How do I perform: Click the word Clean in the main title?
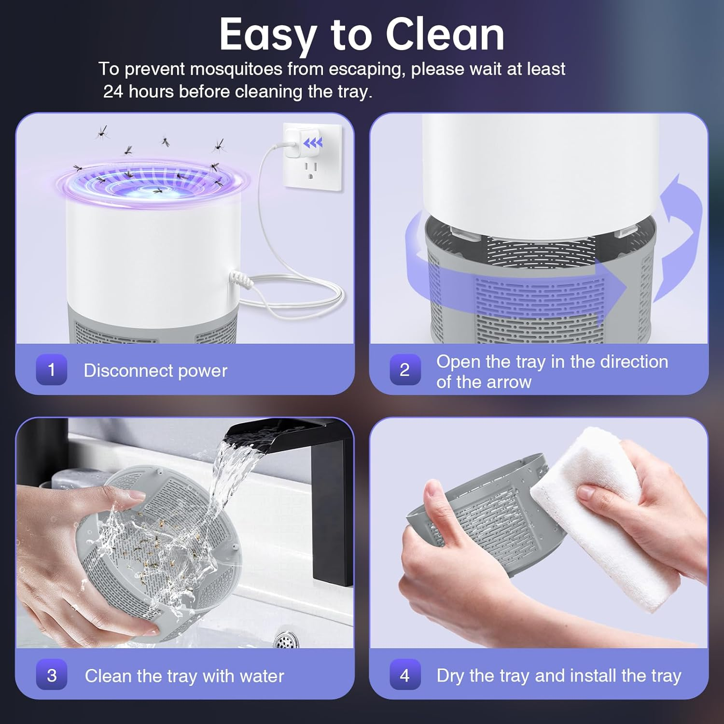point(445,35)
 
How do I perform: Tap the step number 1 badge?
point(52,370)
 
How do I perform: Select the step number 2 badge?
point(405,370)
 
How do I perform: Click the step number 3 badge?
point(52,675)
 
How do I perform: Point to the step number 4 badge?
point(405,675)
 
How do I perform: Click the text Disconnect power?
point(155,371)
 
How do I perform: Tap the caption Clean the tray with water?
point(184,676)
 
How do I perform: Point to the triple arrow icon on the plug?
point(313,143)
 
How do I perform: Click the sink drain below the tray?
point(285,640)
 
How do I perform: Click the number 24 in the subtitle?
point(113,92)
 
